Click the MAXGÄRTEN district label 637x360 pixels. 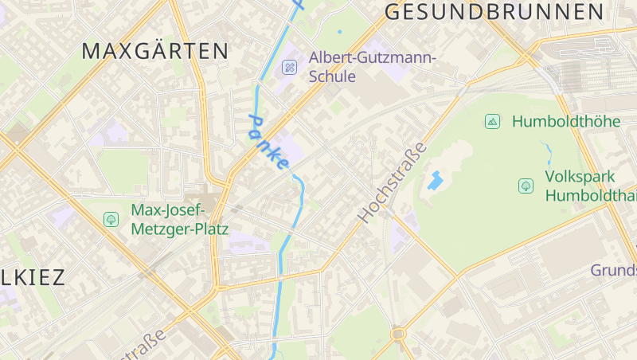[155, 52]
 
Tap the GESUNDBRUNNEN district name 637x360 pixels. [494, 12]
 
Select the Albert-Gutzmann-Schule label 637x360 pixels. [373, 67]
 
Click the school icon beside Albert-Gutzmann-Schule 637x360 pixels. [289, 68]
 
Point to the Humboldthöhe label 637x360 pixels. [566, 122]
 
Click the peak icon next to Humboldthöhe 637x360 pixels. [493, 122]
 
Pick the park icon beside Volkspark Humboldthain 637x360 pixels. [526, 186]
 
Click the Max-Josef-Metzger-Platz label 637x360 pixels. [179, 220]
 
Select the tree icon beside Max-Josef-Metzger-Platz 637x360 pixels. [111, 219]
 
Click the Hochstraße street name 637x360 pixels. [392, 183]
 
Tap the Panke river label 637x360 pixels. [268, 141]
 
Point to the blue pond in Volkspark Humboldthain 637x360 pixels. [435, 180]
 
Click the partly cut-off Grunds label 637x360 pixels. [613, 271]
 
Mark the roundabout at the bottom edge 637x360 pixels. [398, 334]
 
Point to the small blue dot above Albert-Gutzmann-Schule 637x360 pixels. [339, 32]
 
